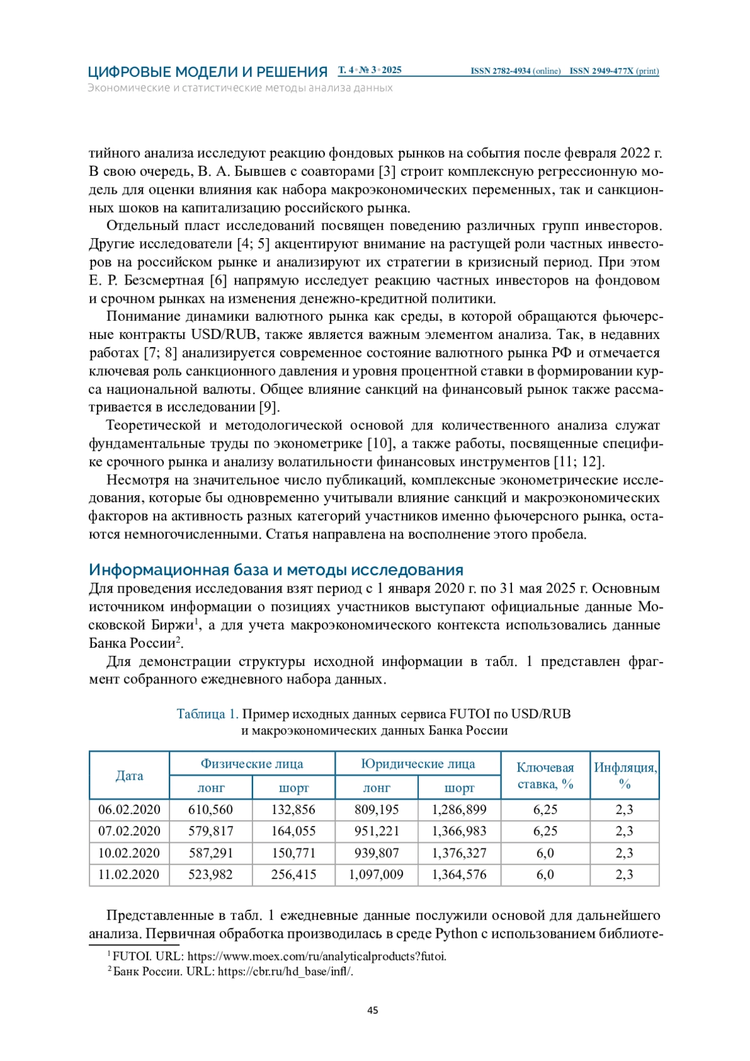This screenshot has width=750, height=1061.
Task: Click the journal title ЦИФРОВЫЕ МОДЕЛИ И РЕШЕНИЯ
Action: pyautogui.click(x=207, y=72)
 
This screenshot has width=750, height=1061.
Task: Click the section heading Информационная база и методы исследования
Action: pyautogui.click(x=276, y=570)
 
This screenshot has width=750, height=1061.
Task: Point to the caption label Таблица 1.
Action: pyautogui.click(x=207, y=714)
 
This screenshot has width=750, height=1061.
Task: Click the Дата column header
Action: pyautogui.click(x=129, y=776)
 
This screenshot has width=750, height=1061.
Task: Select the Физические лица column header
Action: pyautogui.click(x=252, y=764)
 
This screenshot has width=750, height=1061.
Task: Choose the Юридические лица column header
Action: pyautogui.click(x=417, y=764)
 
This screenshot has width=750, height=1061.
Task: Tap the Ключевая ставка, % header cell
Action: pyautogui.click(x=545, y=776)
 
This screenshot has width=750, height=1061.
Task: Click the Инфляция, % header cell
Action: pyautogui.click(x=624, y=776)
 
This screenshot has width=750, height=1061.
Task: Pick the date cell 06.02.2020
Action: pyautogui.click(x=129, y=810)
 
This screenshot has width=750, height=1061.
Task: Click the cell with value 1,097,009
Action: pyautogui.click(x=376, y=875)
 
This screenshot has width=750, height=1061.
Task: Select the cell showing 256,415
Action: pyautogui.click(x=293, y=875)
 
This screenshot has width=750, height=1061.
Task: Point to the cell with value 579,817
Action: pyautogui.click(x=211, y=832)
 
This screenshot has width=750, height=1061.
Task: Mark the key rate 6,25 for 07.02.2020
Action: pyautogui.click(x=545, y=832)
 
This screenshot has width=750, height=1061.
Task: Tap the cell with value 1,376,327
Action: pyautogui.click(x=459, y=853)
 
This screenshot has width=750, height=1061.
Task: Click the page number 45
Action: pyautogui.click(x=373, y=1010)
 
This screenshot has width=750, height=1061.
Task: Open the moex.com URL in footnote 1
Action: pyautogui.click(x=317, y=957)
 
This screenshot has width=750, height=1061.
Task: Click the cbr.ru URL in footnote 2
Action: pyautogui.click(x=285, y=972)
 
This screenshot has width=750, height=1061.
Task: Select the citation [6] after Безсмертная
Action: pyautogui.click(x=218, y=281)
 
